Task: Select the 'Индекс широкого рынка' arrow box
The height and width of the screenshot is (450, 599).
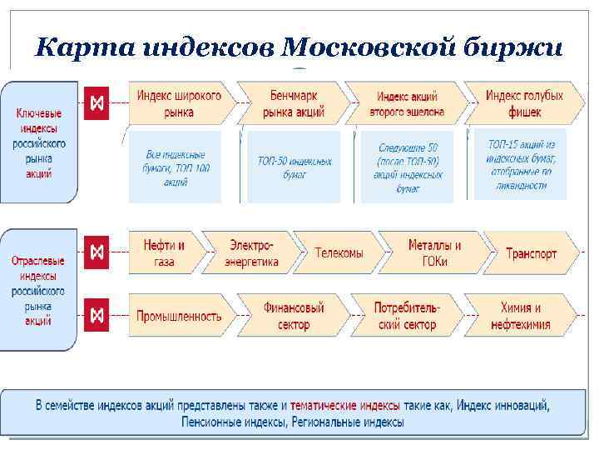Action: pyautogui.click(x=179, y=103)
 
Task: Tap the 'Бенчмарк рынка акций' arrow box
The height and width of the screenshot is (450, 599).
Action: pyautogui.click(x=291, y=103)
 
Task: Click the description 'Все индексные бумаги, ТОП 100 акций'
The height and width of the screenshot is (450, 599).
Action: pyautogui.click(x=176, y=167)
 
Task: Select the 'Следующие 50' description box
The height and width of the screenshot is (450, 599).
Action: pyautogui.click(x=408, y=167)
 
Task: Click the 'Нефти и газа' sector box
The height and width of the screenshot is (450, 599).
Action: pyautogui.click(x=165, y=253)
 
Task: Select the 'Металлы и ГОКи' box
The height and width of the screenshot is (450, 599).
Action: pyautogui.click(x=433, y=253)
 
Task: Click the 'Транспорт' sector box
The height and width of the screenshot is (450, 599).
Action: pyautogui.click(x=531, y=253)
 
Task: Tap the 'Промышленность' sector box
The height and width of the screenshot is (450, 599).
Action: pyautogui.click(x=180, y=316)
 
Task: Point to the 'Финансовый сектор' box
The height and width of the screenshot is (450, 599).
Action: pyautogui.click(x=293, y=316)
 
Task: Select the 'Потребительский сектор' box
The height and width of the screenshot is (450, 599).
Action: pyautogui.click(x=407, y=316)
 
